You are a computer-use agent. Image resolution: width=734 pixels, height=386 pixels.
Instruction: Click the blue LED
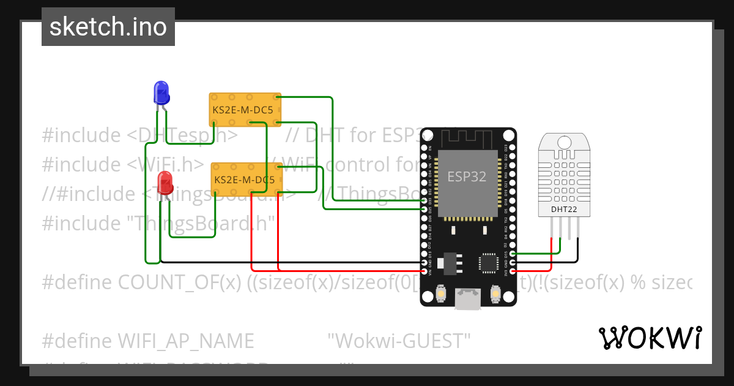pos(161,92)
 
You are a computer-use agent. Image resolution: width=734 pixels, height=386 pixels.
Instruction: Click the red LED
pos(165,183)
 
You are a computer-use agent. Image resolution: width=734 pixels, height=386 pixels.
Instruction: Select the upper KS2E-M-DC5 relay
pos(245,110)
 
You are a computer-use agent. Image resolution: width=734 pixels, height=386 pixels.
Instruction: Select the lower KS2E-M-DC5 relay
pos(247,180)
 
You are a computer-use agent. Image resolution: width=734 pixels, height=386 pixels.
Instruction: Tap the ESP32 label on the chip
pos(467,177)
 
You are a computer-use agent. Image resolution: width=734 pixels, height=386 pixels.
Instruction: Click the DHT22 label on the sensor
pos(564,209)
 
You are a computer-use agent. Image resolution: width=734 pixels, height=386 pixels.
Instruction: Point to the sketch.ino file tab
pos(108,27)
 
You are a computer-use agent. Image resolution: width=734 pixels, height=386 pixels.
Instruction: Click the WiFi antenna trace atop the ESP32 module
pos(468,138)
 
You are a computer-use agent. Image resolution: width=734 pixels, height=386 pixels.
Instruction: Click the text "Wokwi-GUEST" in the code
pos(399,339)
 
